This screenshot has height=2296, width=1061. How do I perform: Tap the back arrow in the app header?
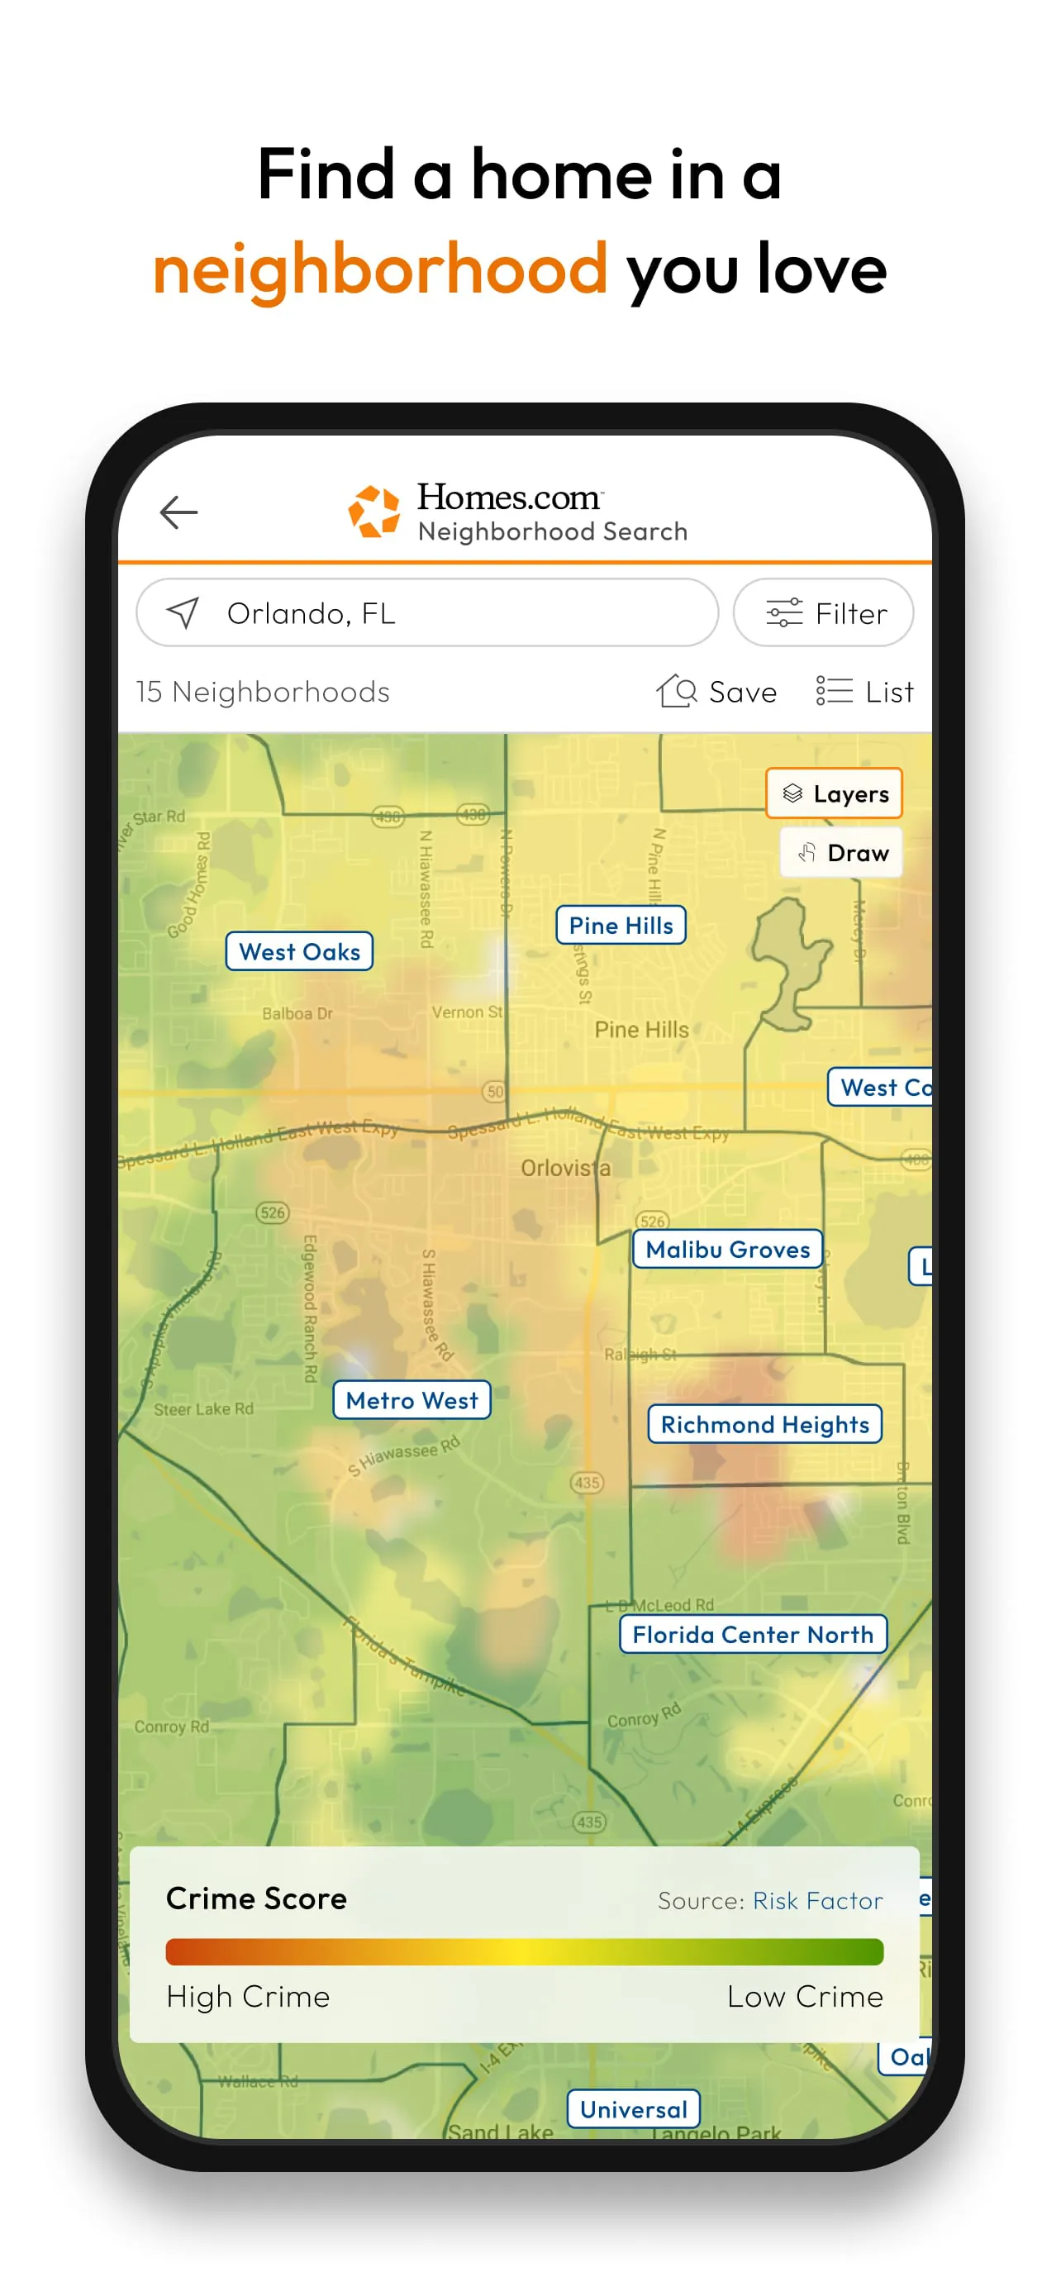click(x=178, y=512)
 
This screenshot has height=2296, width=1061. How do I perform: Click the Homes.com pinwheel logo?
click(x=373, y=512)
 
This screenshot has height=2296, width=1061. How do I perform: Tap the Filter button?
click(x=823, y=612)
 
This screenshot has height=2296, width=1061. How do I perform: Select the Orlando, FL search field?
click(x=426, y=612)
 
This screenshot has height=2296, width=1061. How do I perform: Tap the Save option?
click(x=717, y=692)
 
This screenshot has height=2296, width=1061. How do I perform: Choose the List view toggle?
click(x=865, y=692)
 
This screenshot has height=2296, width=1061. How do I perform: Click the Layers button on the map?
click(x=834, y=793)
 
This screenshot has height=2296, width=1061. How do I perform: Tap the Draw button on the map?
click(x=842, y=853)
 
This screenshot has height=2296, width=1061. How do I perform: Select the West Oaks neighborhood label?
click(x=299, y=951)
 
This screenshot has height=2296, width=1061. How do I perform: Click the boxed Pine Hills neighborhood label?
click(x=621, y=925)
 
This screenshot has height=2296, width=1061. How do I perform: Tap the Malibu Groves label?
click(x=727, y=1249)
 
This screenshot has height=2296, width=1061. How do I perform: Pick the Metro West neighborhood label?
click(x=412, y=1399)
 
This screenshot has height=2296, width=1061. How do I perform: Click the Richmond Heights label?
click(x=764, y=1423)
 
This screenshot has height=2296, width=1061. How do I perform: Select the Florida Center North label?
click(x=753, y=1634)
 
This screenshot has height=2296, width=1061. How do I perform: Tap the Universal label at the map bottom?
click(x=634, y=2109)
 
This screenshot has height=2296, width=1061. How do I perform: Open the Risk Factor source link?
click(x=817, y=1900)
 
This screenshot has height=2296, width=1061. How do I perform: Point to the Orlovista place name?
click(x=566, y=1168)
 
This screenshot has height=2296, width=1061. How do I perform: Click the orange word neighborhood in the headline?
click(x=380, y=269)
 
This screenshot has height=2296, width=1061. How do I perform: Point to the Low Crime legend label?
click(x=805, y=1997)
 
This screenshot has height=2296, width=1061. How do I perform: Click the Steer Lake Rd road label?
click(x=203, y=1409)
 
